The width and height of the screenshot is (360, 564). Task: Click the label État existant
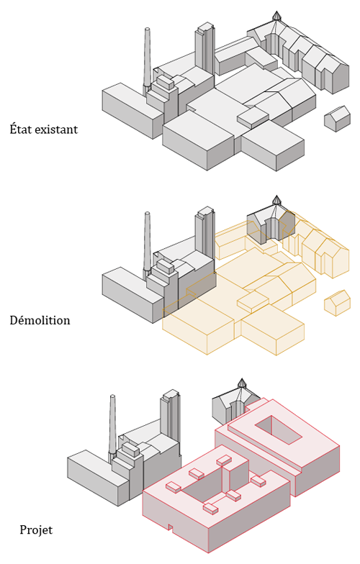[x=43, y=129]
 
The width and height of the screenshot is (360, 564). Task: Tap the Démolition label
[x=40, y=320]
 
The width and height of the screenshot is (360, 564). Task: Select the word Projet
[x=36, y=529]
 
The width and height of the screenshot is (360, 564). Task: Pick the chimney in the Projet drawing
[x=112, y=426]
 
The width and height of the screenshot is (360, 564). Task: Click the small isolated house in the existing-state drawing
[x=337, y=118]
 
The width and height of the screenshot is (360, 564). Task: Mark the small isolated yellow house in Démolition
[x=337, y=303]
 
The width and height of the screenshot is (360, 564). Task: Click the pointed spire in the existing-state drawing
[x=276, y=16]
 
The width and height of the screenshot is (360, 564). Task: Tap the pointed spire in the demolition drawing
[x=276, y=200]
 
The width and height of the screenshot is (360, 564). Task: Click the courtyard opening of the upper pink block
[x=278, y=429]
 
